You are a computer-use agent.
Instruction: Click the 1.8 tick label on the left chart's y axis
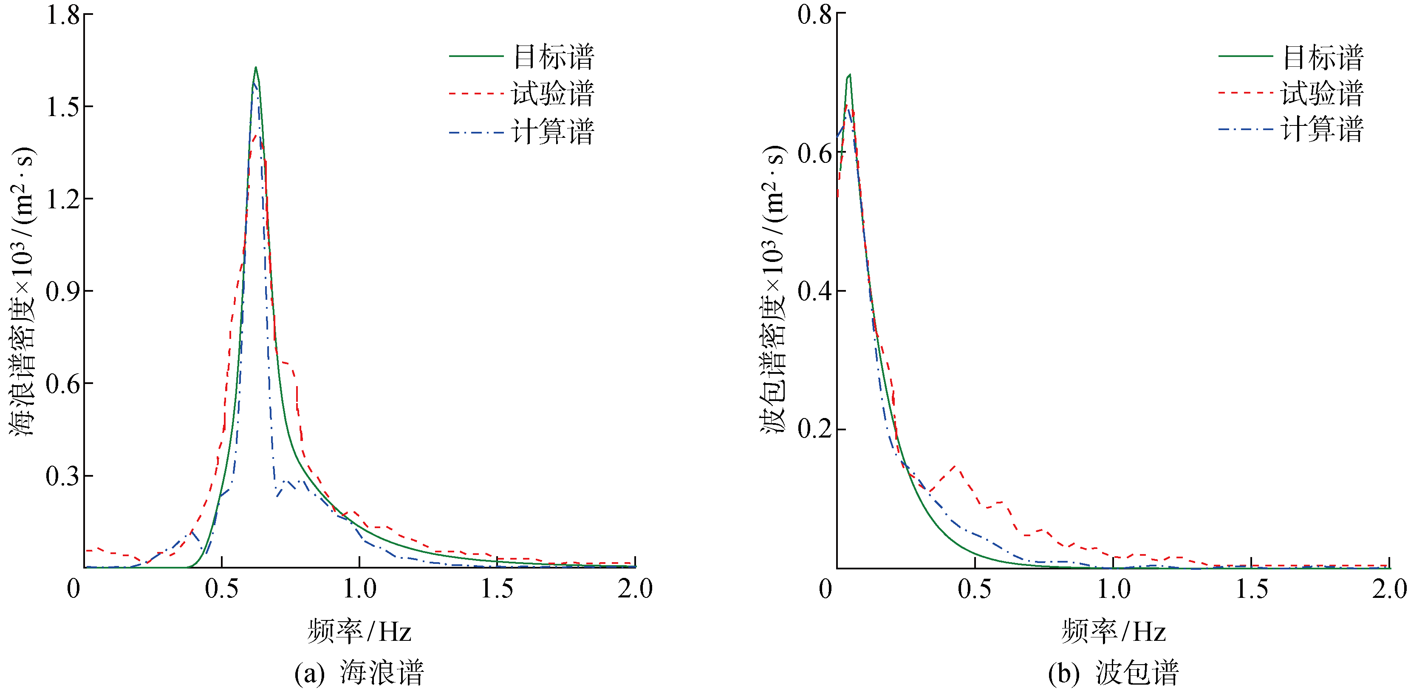(x=63, y=15)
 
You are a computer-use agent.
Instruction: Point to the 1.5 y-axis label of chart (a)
(x=63, y=107)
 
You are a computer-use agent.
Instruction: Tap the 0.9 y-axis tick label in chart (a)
(x=63, y=292)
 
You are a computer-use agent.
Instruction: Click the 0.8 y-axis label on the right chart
(x=814, y=15)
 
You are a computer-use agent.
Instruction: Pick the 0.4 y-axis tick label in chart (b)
(x=814, y=291)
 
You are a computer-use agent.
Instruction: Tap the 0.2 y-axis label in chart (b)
(x=814, y=429)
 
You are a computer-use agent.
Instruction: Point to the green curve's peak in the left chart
(x=255, y=68)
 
